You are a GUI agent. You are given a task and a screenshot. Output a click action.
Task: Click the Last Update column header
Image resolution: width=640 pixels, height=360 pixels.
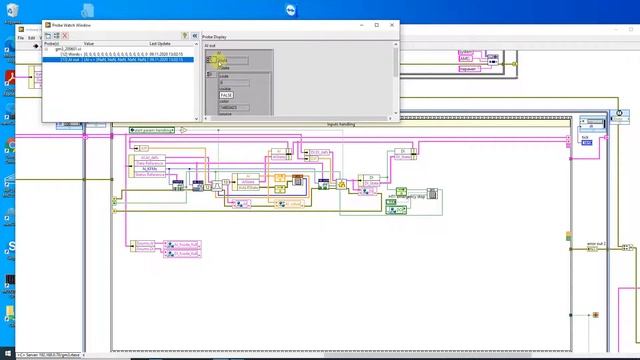click(160, 44)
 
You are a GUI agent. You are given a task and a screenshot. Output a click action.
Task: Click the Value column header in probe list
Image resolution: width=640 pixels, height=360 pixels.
click(89, 44)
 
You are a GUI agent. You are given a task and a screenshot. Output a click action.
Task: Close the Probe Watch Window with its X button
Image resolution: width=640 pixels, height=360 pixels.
click(392, 25)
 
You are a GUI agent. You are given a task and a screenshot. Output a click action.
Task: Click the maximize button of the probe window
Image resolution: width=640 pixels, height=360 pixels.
click(377, 25)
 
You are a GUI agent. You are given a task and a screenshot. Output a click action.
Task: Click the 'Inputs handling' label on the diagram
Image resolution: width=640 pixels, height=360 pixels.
click(340, 124)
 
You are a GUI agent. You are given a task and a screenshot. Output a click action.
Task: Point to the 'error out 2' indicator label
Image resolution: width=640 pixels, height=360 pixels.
click(597, 243)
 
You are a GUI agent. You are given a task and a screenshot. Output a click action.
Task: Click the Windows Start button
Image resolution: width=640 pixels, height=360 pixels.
click(7, 353)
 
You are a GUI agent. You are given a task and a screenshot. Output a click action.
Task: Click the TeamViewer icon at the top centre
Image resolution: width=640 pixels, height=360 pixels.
click(320, 7)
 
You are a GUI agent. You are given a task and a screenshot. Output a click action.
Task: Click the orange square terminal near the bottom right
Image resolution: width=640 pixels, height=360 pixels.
click(595, 315)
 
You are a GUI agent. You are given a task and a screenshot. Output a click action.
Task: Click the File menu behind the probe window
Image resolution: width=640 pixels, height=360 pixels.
click(21, 38)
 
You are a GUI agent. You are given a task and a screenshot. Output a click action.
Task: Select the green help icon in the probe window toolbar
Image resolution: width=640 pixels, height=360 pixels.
click(184, 36)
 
